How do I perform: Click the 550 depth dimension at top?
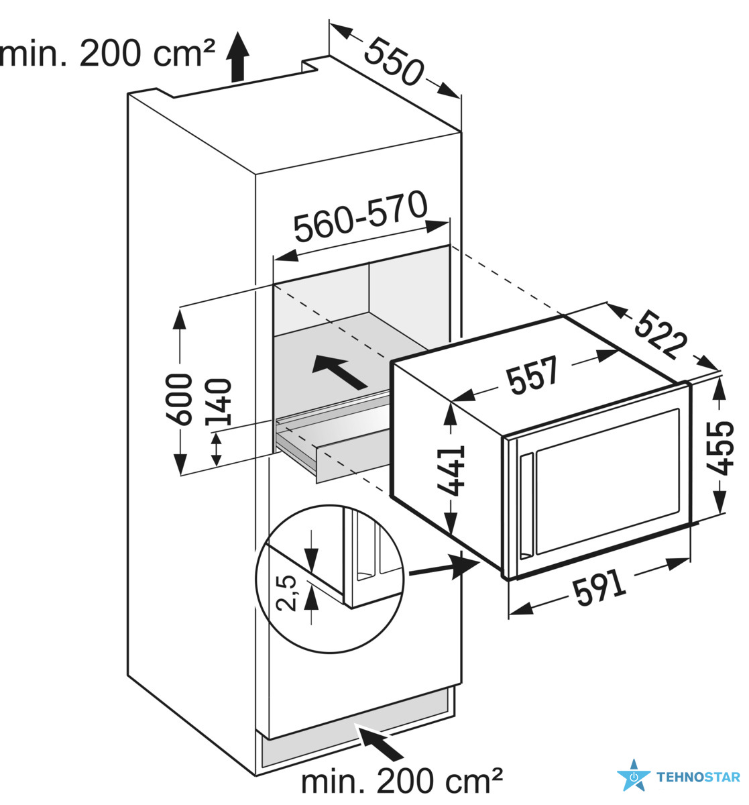[x=394, y=62]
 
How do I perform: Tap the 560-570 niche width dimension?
[x=361, y=217]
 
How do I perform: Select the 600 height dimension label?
[x=179, y=399]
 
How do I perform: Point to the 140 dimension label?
[x=219, y=402]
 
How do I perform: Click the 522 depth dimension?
[x=660, y=334]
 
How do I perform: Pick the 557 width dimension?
[x=533, y=375]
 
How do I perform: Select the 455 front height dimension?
[x=719, y=447]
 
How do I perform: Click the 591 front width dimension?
[x=599, y=588]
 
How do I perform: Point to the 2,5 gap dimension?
[x=286, y=593]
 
